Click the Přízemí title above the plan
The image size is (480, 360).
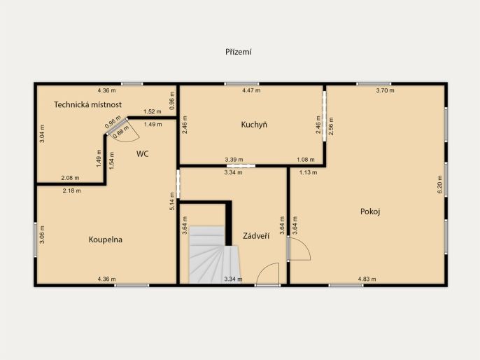click(x=239, y=52)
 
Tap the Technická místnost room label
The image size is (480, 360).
click(x=88, y=104)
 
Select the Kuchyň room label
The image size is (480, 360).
click(x=254, y=125)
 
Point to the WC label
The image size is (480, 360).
click(x=142, y=154)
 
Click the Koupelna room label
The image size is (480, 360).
click(x=106, y=240)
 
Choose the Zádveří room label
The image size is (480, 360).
click(x=256, y=235)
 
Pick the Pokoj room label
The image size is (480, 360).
click(x=370, y=212)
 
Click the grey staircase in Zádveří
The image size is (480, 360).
click(x=214, y=255)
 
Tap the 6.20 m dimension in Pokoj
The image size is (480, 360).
click(x=440, y=184)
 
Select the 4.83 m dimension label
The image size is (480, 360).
click(x=367, y=279)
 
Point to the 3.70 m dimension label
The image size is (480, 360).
click(x=385, y=90)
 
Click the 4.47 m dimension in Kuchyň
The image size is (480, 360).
click(x=251, y=90)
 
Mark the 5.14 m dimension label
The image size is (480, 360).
click(x=172, y=201)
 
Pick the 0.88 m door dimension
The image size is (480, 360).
click(x=120, y=132)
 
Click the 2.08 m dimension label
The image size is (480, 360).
click(x=70, y=178)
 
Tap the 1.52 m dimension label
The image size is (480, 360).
click(x=152, y=111)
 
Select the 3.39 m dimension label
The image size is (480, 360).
click(x=234, y=160)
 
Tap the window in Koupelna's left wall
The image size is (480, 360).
click(x=36, y=240)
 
